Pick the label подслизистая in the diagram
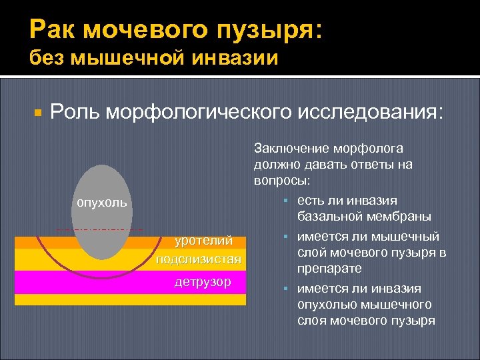tap(197, 259)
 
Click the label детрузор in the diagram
tap(203, 281)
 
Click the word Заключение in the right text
tap(288, 148)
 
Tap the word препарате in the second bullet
tap(329, 268)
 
